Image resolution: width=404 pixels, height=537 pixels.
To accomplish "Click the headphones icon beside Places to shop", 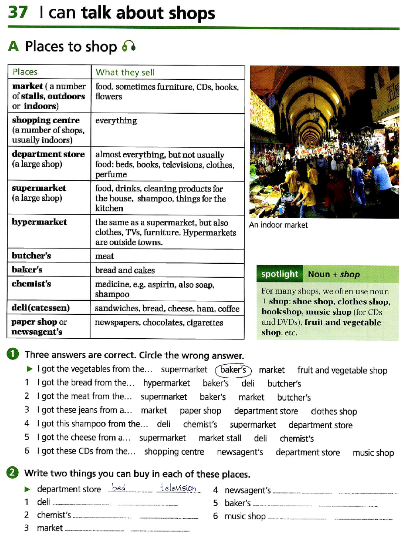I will click(128, 47).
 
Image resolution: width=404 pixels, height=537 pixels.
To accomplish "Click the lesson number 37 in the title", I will click(18, 12).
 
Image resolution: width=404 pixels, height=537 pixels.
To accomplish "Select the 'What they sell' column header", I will click(125, 72).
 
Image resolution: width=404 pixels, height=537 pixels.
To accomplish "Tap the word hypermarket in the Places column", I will click(39, 222).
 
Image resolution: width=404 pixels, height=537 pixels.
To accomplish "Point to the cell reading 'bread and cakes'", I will click(125, 270).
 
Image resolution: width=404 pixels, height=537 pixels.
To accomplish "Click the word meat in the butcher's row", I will click(104, 256).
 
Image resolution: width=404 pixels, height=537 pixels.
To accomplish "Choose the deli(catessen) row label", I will click(41, 308).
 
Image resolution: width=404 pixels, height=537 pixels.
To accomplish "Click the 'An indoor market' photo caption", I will click(278, 225).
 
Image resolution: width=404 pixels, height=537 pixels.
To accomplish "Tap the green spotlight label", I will click(279, 274).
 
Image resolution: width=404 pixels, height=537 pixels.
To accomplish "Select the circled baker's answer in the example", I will click(233, 370).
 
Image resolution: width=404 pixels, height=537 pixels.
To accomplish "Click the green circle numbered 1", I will click(13, 354).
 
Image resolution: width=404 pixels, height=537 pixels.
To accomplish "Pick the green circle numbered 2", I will click(12, 473).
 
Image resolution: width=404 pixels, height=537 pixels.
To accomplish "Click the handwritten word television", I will click(178, 488).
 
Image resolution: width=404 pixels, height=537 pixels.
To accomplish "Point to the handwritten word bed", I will click(119, 488).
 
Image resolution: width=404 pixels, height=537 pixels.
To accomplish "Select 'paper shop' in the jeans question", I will click(200, 411).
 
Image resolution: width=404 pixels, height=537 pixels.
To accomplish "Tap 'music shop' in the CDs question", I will click(373, 452).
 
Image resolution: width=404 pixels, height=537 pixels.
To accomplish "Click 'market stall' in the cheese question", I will click(220, 438).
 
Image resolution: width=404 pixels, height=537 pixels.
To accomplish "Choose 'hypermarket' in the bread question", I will click(167, 383).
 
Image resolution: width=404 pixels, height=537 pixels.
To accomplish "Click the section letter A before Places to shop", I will click(13, 47).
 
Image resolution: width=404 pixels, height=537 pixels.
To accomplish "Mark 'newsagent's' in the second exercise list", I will click(247, 490).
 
